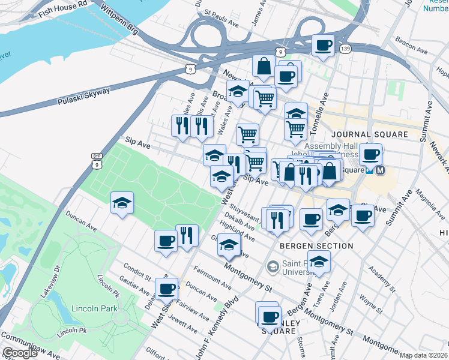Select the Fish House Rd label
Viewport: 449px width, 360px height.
point(62,7)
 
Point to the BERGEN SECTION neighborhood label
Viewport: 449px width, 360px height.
point(316,246)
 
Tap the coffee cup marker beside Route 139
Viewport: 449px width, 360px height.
point(323,45)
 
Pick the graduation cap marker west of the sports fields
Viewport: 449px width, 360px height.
point(122,202)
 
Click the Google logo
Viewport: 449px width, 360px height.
point(20,353)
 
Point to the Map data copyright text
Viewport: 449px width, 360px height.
point(424,355)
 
